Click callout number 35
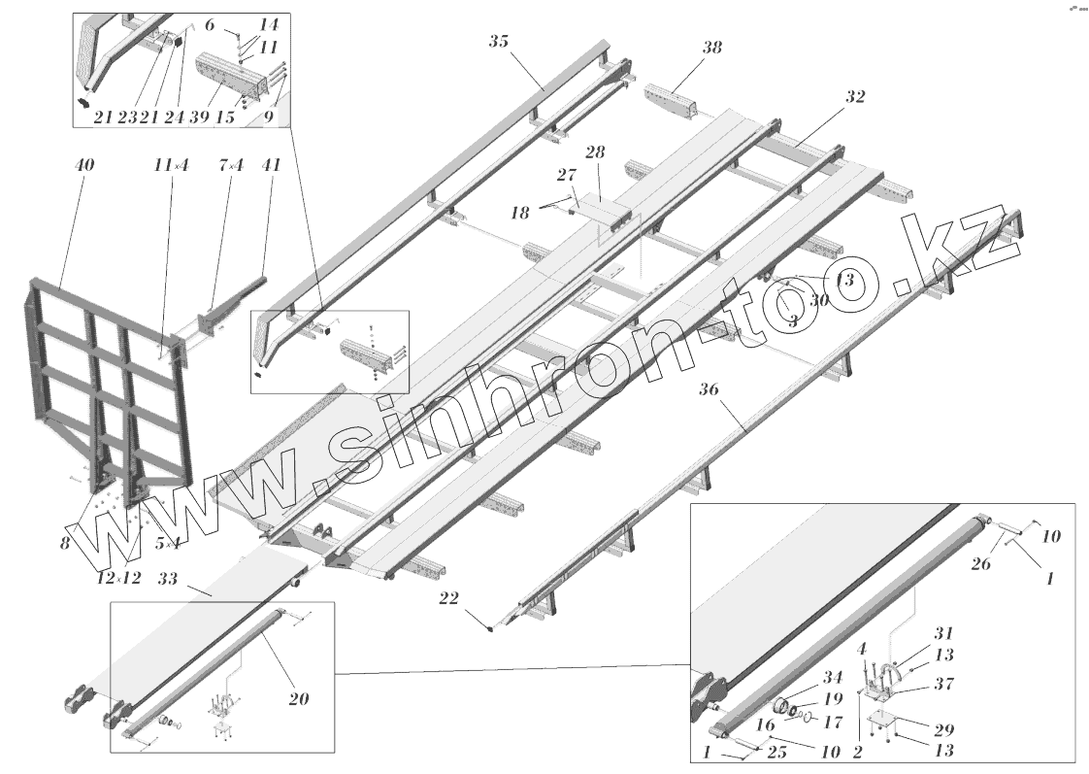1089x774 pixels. [x=499, y=41]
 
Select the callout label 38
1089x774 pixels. [x=711, y=48]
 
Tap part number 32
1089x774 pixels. [x=854, y=97]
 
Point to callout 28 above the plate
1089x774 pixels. [x=595, y=152]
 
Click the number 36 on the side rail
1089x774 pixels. [x=708, y=390]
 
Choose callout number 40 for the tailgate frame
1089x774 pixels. [x=84, y=165]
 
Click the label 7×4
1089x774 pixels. [x=231, y=165]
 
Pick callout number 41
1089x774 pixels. [x=271, y=165]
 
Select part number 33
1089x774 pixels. [x=168, y=579]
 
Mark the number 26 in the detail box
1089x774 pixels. [x=980, y=564]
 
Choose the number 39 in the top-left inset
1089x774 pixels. [x=200, y=117]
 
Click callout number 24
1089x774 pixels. [x=174, y=117]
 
